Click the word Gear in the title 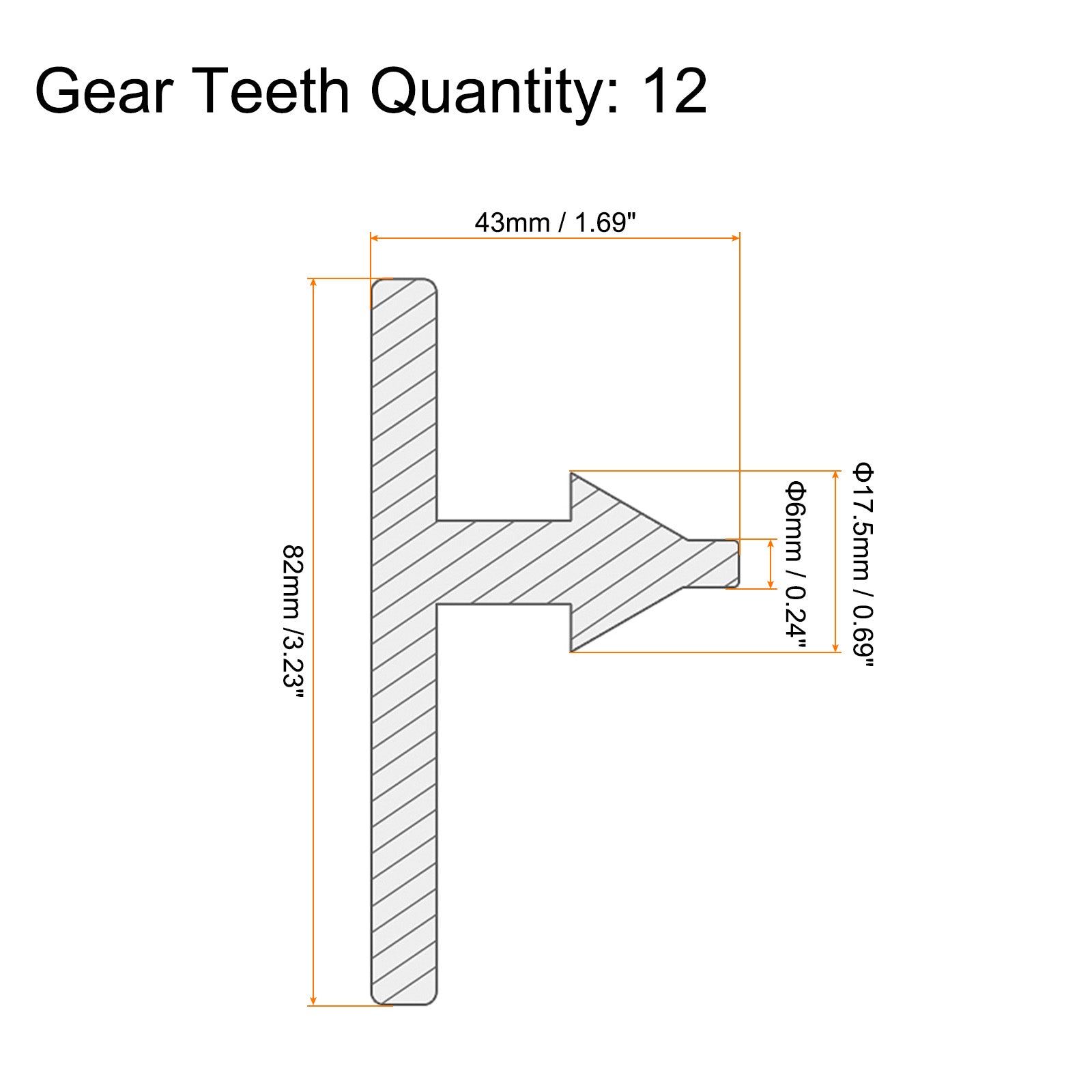(102, 91)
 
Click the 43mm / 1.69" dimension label (555, 222)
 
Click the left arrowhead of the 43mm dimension (375, 238)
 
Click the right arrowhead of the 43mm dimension (735, 238)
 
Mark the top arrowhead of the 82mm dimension (313, 283)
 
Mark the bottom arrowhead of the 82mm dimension (313, 1001)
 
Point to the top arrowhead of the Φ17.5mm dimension (835, 475)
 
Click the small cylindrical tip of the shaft (713, 563)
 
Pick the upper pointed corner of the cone (572, 473)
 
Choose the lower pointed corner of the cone (572, 650)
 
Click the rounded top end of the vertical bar (404, 287)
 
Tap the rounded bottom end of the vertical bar (404, 996)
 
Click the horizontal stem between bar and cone (504, 562)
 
